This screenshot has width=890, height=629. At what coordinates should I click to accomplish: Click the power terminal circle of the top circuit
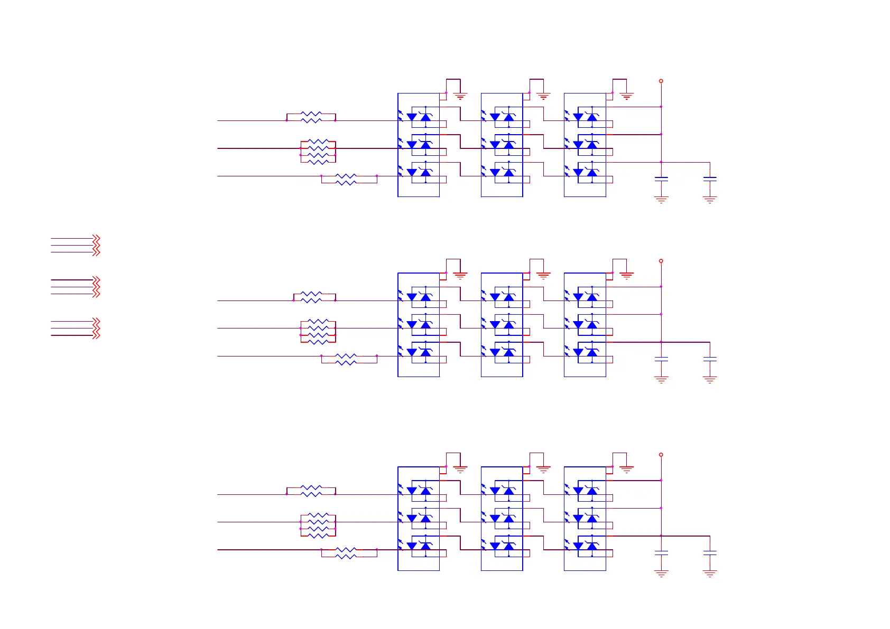(x=661, y=81)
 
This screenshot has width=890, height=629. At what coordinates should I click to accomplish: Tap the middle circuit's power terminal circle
(x=661, y=261)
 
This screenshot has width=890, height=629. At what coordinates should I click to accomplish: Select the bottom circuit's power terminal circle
(x=661, y=455)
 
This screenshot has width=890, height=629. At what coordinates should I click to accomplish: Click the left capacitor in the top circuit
(x=661, y=180)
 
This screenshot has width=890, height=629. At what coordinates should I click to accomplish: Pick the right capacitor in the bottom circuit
(x=710, y=553)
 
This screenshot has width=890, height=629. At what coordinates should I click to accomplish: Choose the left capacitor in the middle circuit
(x=661, y=359)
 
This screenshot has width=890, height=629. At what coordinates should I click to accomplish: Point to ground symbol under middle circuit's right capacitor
(x=710, y=380)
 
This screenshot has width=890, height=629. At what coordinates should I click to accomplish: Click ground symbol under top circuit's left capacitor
(x=661, y=200)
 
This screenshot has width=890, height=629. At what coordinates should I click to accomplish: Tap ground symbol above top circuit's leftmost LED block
(x=460, y=97)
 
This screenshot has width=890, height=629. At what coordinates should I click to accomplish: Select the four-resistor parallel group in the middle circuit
(x=318, y=332)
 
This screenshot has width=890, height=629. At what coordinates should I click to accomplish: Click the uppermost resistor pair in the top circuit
(x=311, y=117)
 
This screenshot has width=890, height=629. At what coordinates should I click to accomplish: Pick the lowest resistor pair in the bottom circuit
(x=346, y=553)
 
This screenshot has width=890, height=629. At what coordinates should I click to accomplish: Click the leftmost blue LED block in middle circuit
(x=419, y=325)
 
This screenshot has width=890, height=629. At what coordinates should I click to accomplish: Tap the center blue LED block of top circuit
(x=502, y=145)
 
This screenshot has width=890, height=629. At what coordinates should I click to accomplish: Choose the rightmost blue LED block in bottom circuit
(x=585, y=519)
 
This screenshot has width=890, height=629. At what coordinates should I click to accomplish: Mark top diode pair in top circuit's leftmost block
(x=419, y=117)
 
